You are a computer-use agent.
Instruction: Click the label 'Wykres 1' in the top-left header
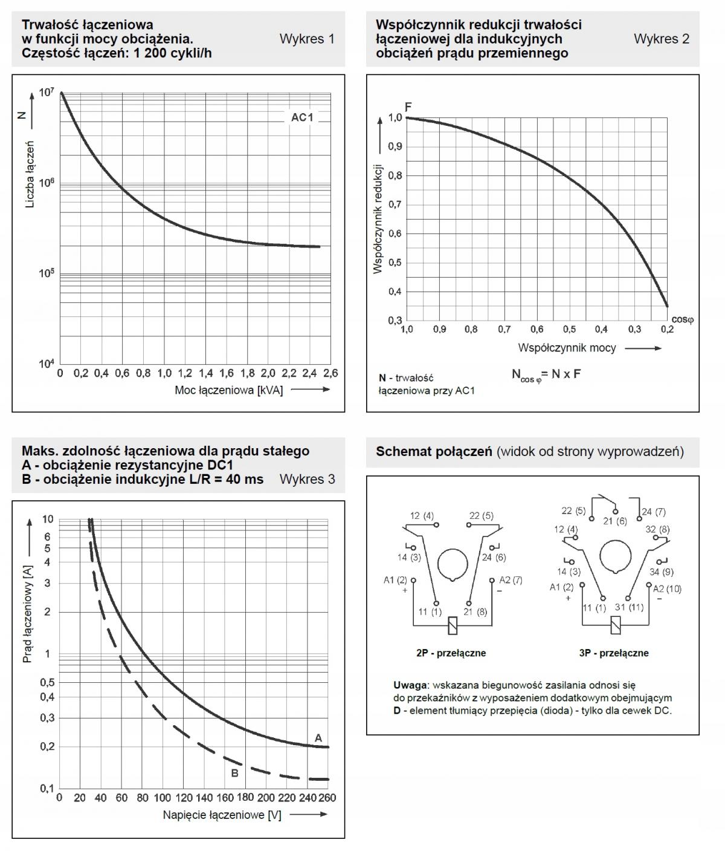tap(307, 39)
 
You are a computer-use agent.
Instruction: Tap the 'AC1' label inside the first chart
tap(302, 117)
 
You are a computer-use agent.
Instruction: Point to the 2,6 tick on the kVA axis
tap(330, 373)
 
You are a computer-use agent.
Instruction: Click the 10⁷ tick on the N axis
tap(47, 92)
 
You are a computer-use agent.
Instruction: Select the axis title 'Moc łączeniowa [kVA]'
tap(229, 390)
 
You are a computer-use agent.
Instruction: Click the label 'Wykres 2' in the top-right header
tap(661, 39)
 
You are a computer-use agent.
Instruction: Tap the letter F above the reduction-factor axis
tap(408, 107)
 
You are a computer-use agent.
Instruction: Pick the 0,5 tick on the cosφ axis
tap(569, 329)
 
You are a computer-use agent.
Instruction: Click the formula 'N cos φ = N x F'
tap(546, 374)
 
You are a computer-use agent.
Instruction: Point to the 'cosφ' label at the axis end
tap(682, 319)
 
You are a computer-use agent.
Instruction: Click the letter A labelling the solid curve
tap(318, 738)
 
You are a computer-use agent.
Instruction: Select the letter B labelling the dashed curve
tap(235, 773)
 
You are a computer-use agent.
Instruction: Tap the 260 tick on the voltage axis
tap(327, 798)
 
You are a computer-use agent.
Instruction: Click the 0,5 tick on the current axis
tap(47, 682)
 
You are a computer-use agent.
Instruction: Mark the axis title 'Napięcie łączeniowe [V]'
tap(222, 815)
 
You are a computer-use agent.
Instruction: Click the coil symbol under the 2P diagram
tap(453, 625)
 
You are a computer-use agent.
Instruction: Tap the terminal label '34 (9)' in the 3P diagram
tap(661, 572)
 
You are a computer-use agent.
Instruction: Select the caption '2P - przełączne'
tap(451, 653)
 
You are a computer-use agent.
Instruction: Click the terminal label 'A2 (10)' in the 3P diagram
tap(667, 589)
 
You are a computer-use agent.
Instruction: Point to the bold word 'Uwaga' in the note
tap(410, 685)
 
